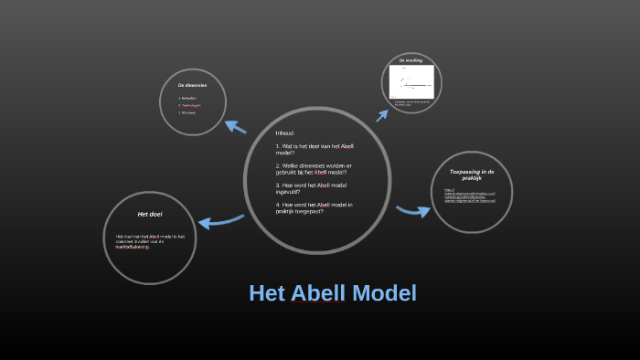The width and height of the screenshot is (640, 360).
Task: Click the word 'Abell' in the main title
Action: point(318,293)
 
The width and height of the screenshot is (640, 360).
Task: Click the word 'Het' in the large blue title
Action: point(267,293)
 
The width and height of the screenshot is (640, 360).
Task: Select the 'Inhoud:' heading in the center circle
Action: point(285,133)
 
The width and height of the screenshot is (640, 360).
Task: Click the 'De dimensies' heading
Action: point(192,85)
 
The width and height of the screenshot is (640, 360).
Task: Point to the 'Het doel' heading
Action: point(150,214)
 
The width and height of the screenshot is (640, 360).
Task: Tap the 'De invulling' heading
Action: point(411,60)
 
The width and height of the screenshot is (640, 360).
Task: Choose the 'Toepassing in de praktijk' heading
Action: point(472,175)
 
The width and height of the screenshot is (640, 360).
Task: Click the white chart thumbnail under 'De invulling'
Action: point(411,85)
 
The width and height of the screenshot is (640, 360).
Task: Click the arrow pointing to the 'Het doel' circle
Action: point(220,221)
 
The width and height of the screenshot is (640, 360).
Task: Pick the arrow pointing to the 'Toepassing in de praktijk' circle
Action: point(413,211)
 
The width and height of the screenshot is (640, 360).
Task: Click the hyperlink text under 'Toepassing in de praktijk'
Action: point(470,196)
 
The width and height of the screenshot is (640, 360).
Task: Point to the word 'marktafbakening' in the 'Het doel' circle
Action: point(133,247)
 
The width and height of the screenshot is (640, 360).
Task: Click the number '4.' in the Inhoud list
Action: point(278,205)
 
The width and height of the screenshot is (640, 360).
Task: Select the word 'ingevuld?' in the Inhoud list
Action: point(288,192)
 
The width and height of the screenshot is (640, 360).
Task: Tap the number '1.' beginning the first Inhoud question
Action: point(278,146)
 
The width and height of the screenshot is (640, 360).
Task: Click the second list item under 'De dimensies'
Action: point(190,105)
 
